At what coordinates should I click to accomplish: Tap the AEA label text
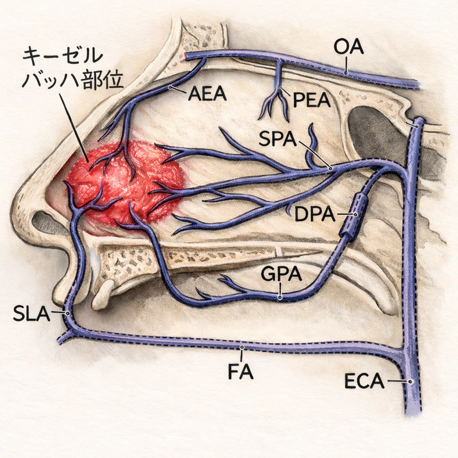(208, 93)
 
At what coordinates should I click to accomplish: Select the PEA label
(312, 99)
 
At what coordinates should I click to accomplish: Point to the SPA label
(277, 139)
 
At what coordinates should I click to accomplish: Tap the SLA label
(32, 314)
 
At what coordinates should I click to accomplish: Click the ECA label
(364, 381)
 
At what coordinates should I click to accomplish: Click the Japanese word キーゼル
(63, 56)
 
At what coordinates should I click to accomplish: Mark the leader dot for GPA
(280, 297)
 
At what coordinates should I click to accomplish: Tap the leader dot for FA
(242, 347)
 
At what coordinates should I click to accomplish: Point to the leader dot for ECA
(411, 382)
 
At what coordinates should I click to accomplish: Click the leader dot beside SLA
(68, 314)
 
